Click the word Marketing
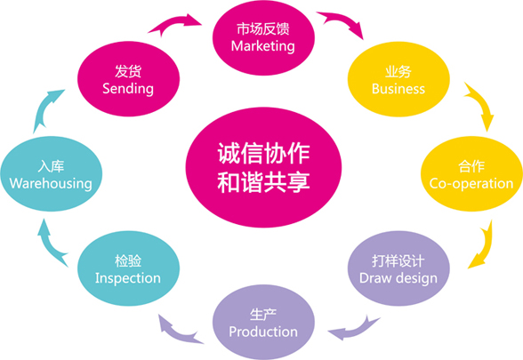(x=263, y=46)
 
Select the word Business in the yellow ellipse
(x=398, y=89)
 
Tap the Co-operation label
(x=471, y=184)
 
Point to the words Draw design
(x=398, y=278)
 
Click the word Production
(x=263, y=332)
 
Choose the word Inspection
(x=128, y=278)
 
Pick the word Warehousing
(x=51, y=184)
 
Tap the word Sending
(x=128, y=89)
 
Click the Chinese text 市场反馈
(x=263, y=29)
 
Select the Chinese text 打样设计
(x=398, y=261)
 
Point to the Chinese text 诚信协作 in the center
(x=263, y=153)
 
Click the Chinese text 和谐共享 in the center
(x=263, y=181)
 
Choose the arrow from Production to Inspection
(x=177, y=332)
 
